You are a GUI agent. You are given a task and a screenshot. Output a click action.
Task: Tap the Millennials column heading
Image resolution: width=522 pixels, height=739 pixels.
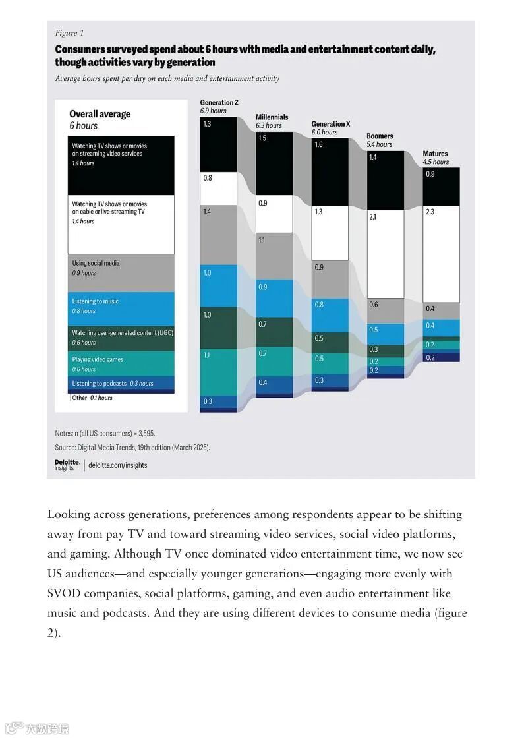tap(272, 117)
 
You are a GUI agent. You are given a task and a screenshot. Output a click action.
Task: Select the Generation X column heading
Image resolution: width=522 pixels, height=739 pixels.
tap(331, 124)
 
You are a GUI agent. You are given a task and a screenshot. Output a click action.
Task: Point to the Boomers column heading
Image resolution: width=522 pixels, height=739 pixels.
tap(380, 136)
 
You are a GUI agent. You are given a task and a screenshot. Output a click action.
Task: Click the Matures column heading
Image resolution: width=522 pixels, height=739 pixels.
tap(435, 154)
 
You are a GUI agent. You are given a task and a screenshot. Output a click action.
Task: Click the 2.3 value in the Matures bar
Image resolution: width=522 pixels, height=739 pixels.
tap(430, 212)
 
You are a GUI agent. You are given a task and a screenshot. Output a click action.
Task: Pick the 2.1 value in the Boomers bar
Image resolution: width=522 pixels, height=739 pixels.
tap(373, 216)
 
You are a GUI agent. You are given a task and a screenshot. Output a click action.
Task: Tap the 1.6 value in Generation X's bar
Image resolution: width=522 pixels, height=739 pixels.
tap(318, 145)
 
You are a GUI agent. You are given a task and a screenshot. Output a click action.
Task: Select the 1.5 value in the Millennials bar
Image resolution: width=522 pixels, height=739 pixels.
tap(263, 138)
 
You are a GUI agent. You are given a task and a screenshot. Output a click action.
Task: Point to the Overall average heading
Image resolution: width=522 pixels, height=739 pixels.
tap(100, 114)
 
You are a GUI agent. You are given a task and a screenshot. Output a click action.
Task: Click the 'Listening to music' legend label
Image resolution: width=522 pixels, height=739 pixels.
tap(96, 301)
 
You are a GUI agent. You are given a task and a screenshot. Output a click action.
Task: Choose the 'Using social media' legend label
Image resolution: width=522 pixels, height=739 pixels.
tap(96, 263)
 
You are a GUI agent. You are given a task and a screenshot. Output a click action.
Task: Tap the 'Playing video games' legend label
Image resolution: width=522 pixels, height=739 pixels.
tap(98, 359)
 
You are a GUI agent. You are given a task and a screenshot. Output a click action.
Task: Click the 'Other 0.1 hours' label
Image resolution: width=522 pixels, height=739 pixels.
tap(92, 398)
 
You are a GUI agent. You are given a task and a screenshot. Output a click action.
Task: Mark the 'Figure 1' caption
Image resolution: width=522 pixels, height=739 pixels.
tap(69, 33)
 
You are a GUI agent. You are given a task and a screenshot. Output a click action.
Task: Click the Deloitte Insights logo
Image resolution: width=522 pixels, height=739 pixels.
tap(67, 465)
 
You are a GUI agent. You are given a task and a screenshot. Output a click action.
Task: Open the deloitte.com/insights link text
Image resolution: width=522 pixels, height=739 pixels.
tap(118, 465)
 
